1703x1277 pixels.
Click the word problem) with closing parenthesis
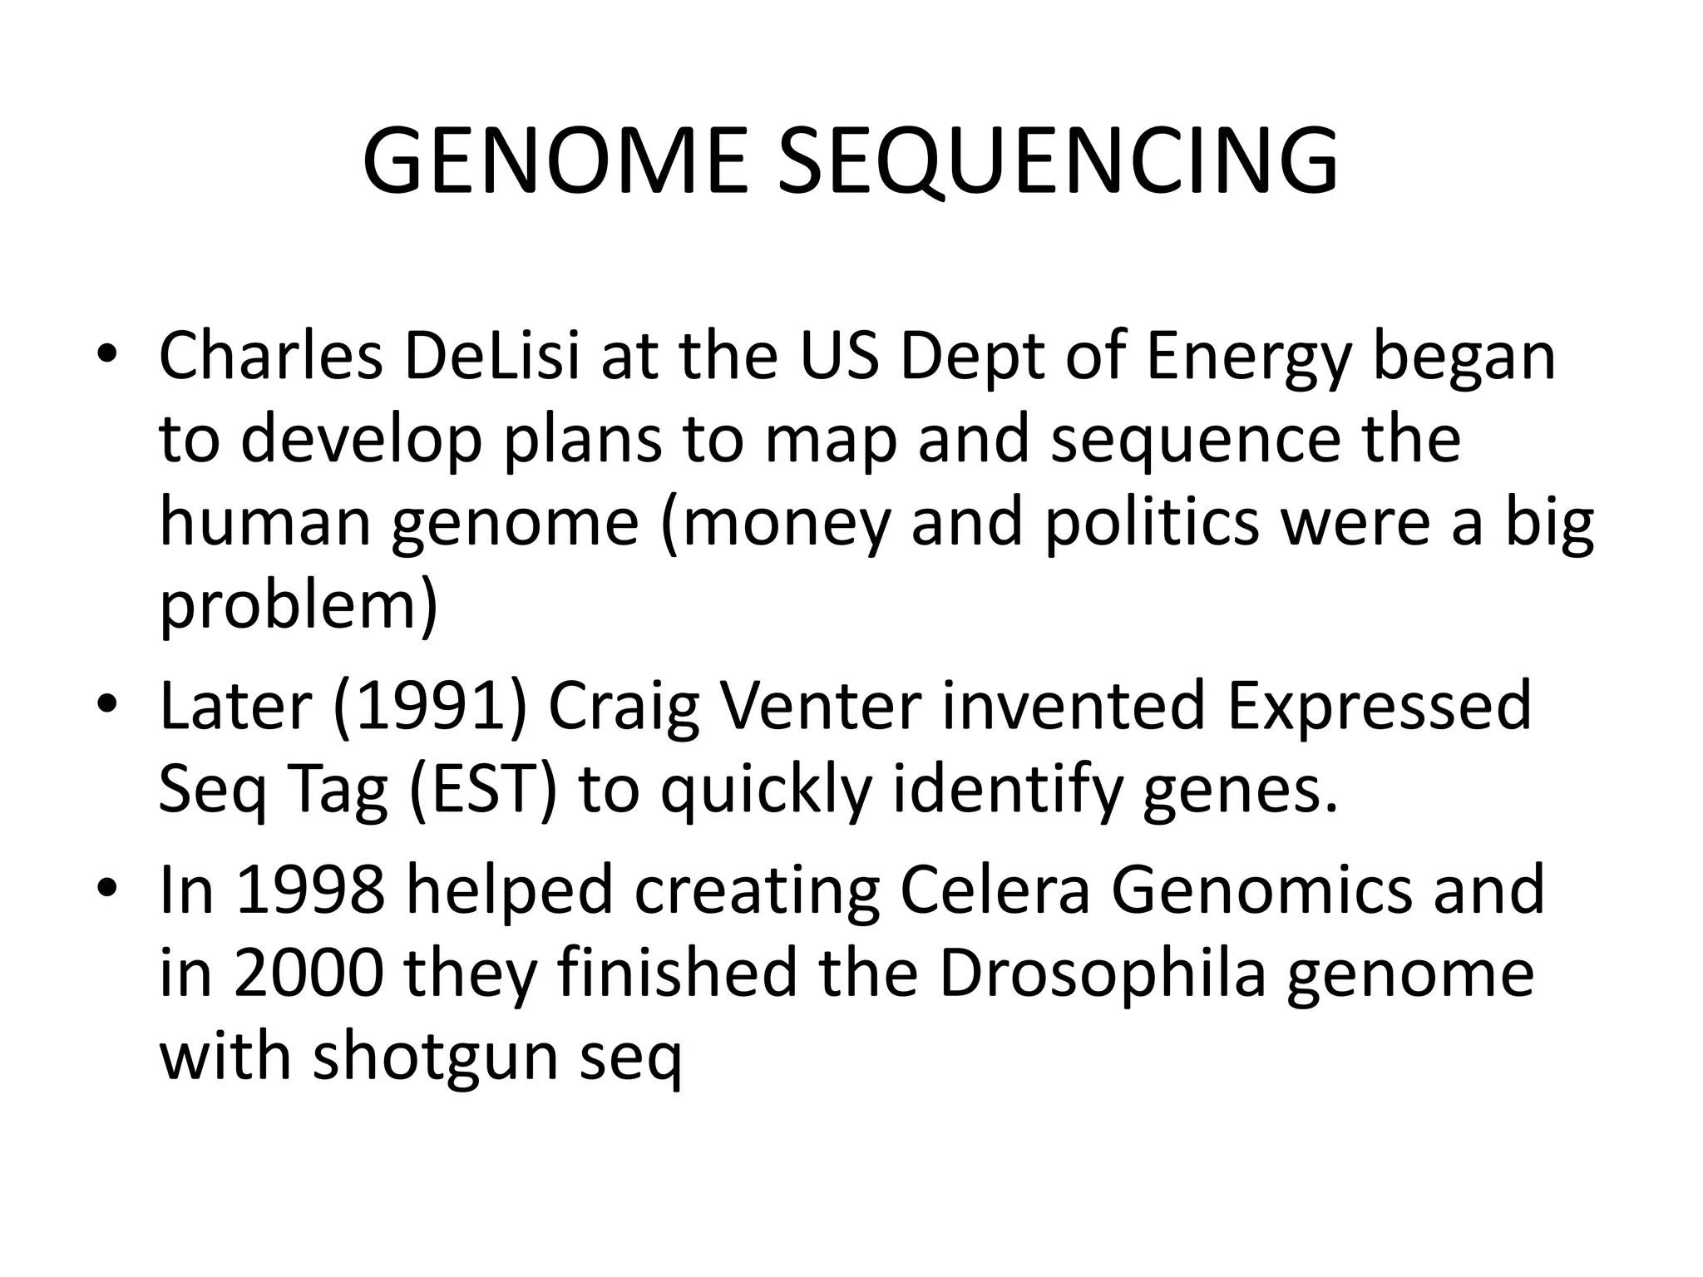[298, 607]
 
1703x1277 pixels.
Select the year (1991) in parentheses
[430, 707]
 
